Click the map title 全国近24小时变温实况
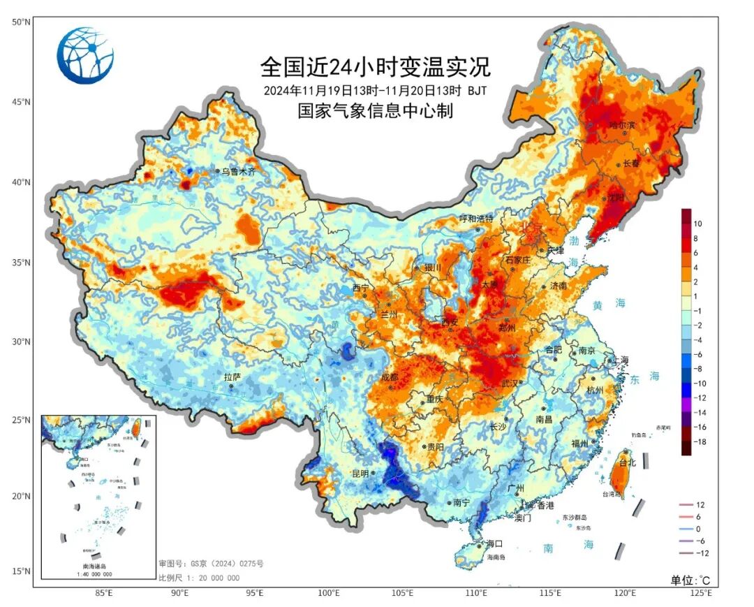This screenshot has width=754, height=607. pyautogui.click(x=376, y=68)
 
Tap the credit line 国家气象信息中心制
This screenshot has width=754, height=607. pyautogui.click(x=376, y=110)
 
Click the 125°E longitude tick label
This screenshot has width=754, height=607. pyautogui.click(x=700, y=593)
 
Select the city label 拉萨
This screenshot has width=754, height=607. pyautogui.click(x=232, y=376)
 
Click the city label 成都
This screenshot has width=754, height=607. pyautogui.click(x=389, y=377)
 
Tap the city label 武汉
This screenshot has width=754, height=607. pyautogui.click(x=510, y=383)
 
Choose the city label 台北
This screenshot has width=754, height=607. pyautogui.click(x=628, y=462)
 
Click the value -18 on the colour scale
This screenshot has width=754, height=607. pyautogui.click(x=699, y=443)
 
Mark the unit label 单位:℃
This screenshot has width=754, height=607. pyautogui.click(x=690, y=580)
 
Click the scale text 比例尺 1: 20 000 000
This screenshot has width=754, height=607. pyautogui.click(x=199, y=578)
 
